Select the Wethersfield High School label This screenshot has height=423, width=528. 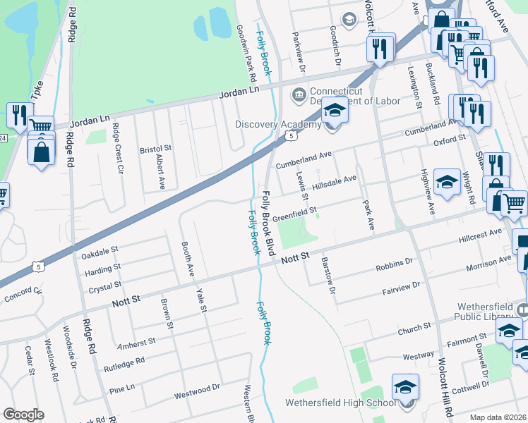pyautogui.click(x=340, y=403)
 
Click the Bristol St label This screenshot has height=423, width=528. pyautogui.click(x=156, y=149)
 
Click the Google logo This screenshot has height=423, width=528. pyautogui.click(x=23, y=415)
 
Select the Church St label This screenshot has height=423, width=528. pyautogui.click(x=414, y=329)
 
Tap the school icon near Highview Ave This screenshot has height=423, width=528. pyautogui.click(x=446, y=183)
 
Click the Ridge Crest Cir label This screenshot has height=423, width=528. pyautogui.click(x=118, y=149)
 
